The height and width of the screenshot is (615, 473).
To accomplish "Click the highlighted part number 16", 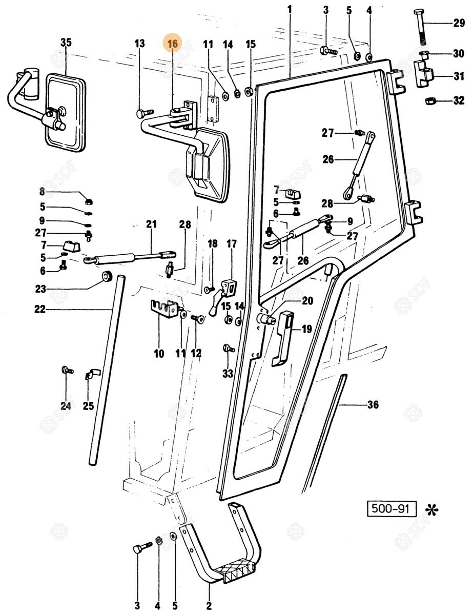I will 172,44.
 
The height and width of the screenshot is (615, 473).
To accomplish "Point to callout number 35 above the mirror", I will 66,43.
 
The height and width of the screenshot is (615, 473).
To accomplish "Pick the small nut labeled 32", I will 429,100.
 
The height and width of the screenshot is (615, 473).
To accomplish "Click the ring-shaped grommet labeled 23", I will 107,277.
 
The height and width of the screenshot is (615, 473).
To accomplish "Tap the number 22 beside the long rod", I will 40,309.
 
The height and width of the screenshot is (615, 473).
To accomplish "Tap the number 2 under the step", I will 209,606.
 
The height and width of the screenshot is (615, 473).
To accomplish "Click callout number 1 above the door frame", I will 290,9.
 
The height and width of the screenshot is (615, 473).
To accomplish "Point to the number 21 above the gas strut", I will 151,224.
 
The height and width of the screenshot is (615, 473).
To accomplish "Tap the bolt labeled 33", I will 227,350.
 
